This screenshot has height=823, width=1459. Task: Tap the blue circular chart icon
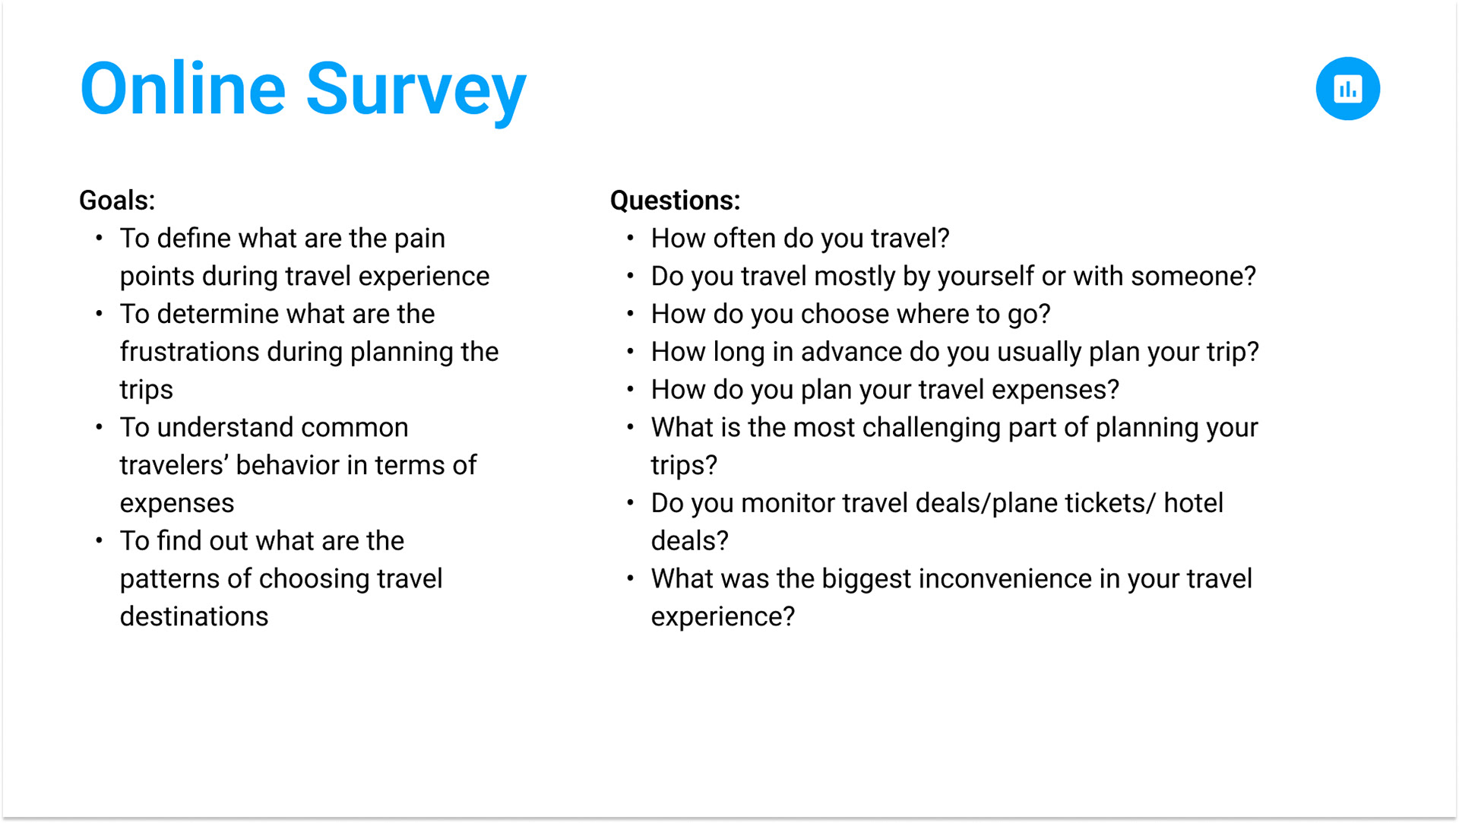click(x=1347, y=88)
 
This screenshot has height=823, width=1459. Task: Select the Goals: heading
click(x=117, y=200)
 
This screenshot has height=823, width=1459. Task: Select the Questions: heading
click(x=675, y=200)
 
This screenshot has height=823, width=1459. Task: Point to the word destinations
click(x=194, y=616)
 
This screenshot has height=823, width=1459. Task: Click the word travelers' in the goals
click(x=174, y=464)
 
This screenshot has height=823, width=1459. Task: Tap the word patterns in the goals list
click(x=169, y=578)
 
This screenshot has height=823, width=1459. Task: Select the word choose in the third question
click(x=844, y=314)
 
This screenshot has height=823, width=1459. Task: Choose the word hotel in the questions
click(x=1193, y=502)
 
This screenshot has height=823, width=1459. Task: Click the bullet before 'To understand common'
click(x=99, y=427)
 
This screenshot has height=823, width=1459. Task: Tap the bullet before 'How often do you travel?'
click(x=630, y=238)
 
